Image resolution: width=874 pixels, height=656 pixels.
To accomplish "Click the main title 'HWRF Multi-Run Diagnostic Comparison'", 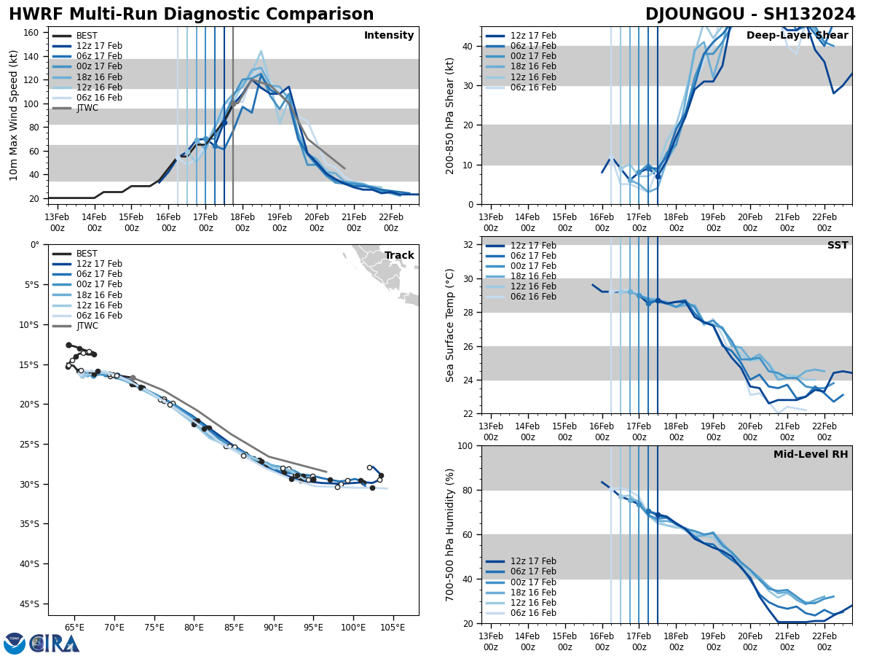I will click(191, 15).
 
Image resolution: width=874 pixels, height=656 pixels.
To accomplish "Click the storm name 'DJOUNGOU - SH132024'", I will click(750, 15).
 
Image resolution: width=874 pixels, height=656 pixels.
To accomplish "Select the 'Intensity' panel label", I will click(389, 36).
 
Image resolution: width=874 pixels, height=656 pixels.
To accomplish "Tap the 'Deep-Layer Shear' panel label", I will click(797, 36).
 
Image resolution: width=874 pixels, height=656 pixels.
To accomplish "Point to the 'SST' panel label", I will click(837, 246).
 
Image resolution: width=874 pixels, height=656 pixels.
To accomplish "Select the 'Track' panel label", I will click(399, 256).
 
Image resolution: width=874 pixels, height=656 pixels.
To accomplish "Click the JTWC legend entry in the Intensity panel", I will click(87, 108).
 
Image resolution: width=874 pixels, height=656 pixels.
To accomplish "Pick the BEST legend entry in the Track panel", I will click(87, 254).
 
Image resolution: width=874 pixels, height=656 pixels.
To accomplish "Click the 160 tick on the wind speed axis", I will click(31, 32).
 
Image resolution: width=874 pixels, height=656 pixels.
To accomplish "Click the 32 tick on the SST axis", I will click(469, 244).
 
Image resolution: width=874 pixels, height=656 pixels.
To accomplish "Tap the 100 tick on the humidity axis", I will click(466, 445).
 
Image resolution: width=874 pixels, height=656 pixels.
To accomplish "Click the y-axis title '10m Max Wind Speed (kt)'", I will click(13, 115).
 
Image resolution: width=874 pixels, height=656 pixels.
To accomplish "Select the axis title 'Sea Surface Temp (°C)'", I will click(450, 325).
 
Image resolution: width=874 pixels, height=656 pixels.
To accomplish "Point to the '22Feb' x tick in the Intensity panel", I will click(391, 222).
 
